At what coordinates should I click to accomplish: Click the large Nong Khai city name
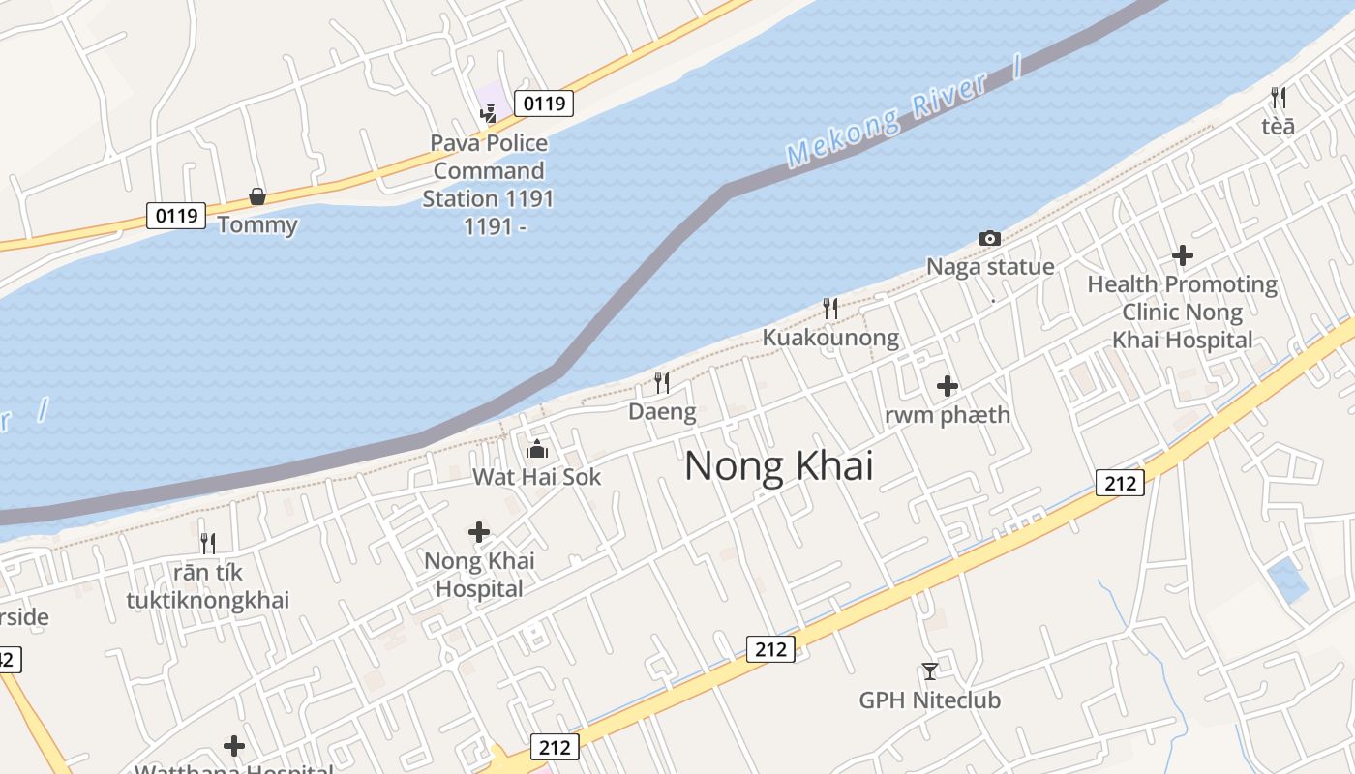778,466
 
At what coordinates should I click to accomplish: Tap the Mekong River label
888,118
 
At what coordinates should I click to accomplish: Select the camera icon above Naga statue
989,238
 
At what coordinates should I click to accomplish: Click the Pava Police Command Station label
489,184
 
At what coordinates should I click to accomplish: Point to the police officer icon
489,114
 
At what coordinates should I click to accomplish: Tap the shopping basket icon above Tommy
256,197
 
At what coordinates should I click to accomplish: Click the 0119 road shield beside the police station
543,104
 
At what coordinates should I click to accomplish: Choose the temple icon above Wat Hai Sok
536,449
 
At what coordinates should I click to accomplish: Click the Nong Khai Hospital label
479,575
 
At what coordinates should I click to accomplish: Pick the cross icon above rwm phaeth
948,387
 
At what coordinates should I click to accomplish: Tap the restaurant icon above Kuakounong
830,309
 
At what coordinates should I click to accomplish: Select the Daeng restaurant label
662,412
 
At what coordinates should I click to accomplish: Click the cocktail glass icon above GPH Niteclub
929,670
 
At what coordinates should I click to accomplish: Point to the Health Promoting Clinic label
1182,312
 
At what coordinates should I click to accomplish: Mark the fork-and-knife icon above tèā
1278,98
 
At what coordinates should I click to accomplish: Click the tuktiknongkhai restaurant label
207,587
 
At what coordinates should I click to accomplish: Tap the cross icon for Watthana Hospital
234,746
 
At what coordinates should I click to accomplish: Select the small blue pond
1287,580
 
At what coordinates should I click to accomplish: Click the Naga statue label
990,267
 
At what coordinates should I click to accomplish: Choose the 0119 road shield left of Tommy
176,215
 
